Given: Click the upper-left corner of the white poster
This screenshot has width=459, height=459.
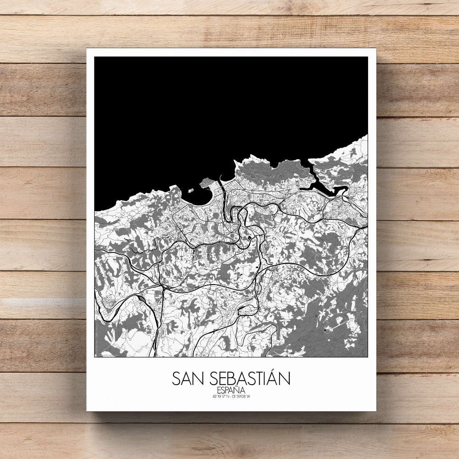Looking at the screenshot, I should pyautogui.click(x=87, y=48).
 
